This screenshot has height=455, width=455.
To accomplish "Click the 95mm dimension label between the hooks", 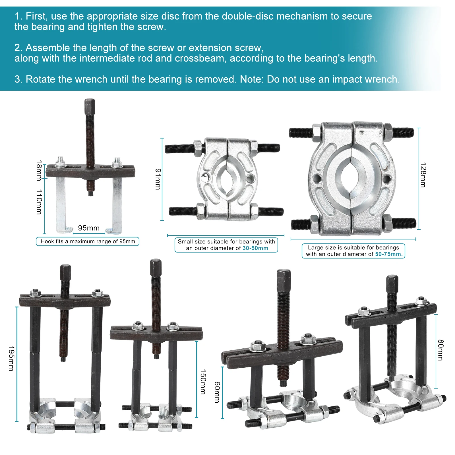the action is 89,228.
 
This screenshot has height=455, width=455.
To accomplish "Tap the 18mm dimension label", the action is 39,170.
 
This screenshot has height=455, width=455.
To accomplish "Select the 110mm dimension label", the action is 39,202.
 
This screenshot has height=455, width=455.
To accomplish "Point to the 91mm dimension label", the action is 158,179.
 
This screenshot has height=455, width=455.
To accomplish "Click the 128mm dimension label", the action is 423,175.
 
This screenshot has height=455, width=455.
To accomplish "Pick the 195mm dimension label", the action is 11,358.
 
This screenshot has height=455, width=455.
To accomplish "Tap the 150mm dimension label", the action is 203,382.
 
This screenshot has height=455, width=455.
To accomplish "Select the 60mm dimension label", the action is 217,392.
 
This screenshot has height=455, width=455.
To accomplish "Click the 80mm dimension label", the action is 440,350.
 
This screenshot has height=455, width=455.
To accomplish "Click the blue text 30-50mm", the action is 255,248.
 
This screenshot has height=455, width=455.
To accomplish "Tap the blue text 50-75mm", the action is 389,254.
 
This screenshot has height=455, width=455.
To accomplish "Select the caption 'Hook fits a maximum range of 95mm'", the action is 88,241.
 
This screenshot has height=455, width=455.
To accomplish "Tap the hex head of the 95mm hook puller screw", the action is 90,106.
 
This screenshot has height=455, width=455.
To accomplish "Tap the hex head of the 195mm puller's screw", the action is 65,272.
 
